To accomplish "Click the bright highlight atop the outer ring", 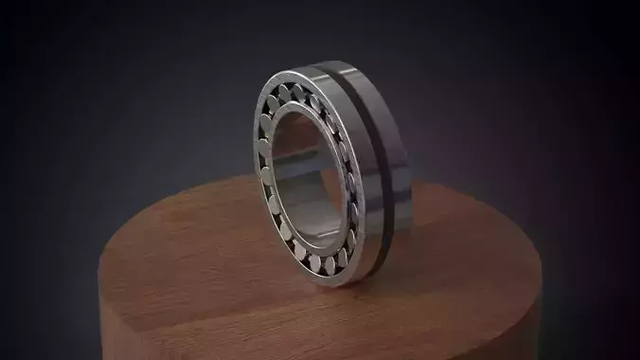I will [312, 68].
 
